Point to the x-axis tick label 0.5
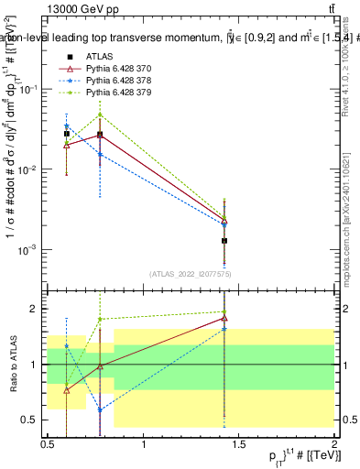pos(49,443)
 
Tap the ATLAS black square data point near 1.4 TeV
pos(224,241)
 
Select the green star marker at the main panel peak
pos(100,115)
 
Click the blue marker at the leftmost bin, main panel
pos(67,126)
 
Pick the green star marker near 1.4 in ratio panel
pos(224,311)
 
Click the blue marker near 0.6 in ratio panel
pos(67,346)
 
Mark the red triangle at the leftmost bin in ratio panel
pos(67,389)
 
